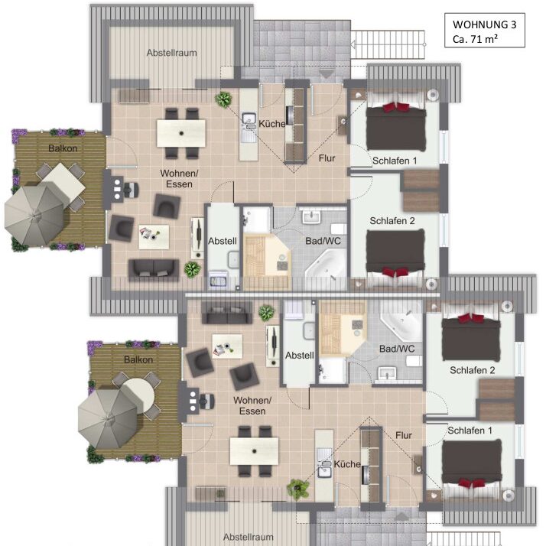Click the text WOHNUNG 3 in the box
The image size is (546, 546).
click(484, 24)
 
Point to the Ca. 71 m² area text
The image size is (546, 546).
click(475, 39)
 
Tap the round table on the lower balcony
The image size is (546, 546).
click(138, 395)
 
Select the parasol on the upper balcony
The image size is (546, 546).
click(35, 214)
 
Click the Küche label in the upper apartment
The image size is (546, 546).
click(272, 124)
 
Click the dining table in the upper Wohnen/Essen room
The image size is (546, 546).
click(181, 133)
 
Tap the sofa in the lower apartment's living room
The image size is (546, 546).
click(227, 312)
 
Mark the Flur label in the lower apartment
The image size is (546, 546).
click(404, 435)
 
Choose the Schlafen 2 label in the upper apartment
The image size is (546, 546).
click(392, 221)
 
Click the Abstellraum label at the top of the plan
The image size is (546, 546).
click(171, 53)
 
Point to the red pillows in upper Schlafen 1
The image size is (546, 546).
click(396, 106)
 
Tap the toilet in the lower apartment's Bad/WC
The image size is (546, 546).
click(414, 361)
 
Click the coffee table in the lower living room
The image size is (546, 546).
click(227, 346)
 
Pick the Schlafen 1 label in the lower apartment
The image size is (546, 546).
click(470, 431)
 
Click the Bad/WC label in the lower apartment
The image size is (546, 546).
click(397, 349)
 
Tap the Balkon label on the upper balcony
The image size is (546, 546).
click(63, 148)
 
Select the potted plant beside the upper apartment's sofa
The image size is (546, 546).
click(192, 269)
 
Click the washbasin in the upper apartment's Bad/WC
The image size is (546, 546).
click(311, 216)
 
